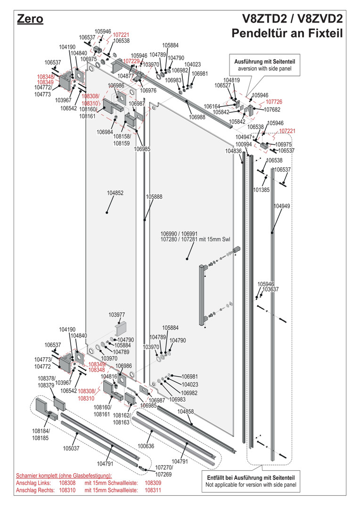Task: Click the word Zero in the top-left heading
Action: click(x=30, y=19)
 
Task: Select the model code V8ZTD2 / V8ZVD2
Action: click(x=292, y=19)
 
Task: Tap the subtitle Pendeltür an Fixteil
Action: click(x=286, y=34)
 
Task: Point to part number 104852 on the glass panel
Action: click(x=115, y=193)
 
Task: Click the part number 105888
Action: click(x=154, y=197)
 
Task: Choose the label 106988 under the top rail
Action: click(x=197, y=117)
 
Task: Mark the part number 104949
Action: click(x=282, y=206)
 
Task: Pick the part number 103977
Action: click(x=117, y=315)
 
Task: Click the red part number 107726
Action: click(x=274, y=102)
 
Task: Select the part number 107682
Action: click(x=272, y=109)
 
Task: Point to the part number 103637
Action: click(x=270, y=289)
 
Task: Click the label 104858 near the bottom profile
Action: click(x=186, y=411)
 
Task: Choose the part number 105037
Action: click(x=71, y=448)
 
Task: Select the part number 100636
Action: click(x=146, y=445)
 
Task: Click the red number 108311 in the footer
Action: click(x=153, y=490)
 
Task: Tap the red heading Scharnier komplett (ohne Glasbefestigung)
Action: click(x=64, y=476)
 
